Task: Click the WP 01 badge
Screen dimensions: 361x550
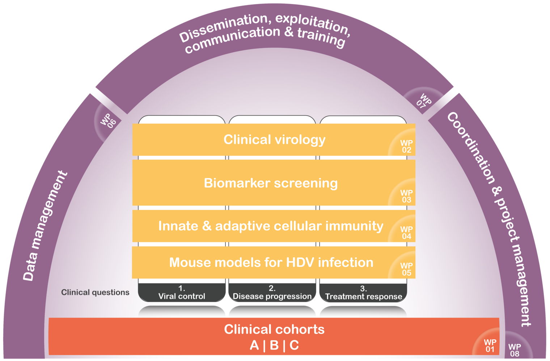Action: (x=490, y=346)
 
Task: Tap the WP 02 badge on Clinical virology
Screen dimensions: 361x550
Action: (x=406, y=146)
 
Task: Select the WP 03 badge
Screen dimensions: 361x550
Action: (x=406, y=196)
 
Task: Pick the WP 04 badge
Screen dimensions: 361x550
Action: (x=406, y=233)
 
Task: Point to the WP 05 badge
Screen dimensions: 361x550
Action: (x=406, y=269)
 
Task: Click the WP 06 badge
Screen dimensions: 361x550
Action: (x=108, y=121)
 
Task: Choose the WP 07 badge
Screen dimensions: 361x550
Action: (x=423, y=101)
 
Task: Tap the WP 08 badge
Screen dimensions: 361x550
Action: (x=515, y=350)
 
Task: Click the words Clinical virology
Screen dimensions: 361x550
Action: (x=274, y=140)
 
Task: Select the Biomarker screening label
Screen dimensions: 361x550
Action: (x=271, y=183)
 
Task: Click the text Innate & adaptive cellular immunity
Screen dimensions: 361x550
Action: (x=271, y=226)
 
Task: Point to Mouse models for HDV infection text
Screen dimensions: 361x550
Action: (x=271, y=262)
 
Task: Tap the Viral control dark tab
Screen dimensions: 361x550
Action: (x=182, y=293)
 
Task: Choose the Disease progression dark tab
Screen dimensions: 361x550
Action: (x=272, y=293)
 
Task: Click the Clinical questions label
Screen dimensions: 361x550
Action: (x=95, y=292)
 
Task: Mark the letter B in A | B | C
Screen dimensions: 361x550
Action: (x=274, y=345)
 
